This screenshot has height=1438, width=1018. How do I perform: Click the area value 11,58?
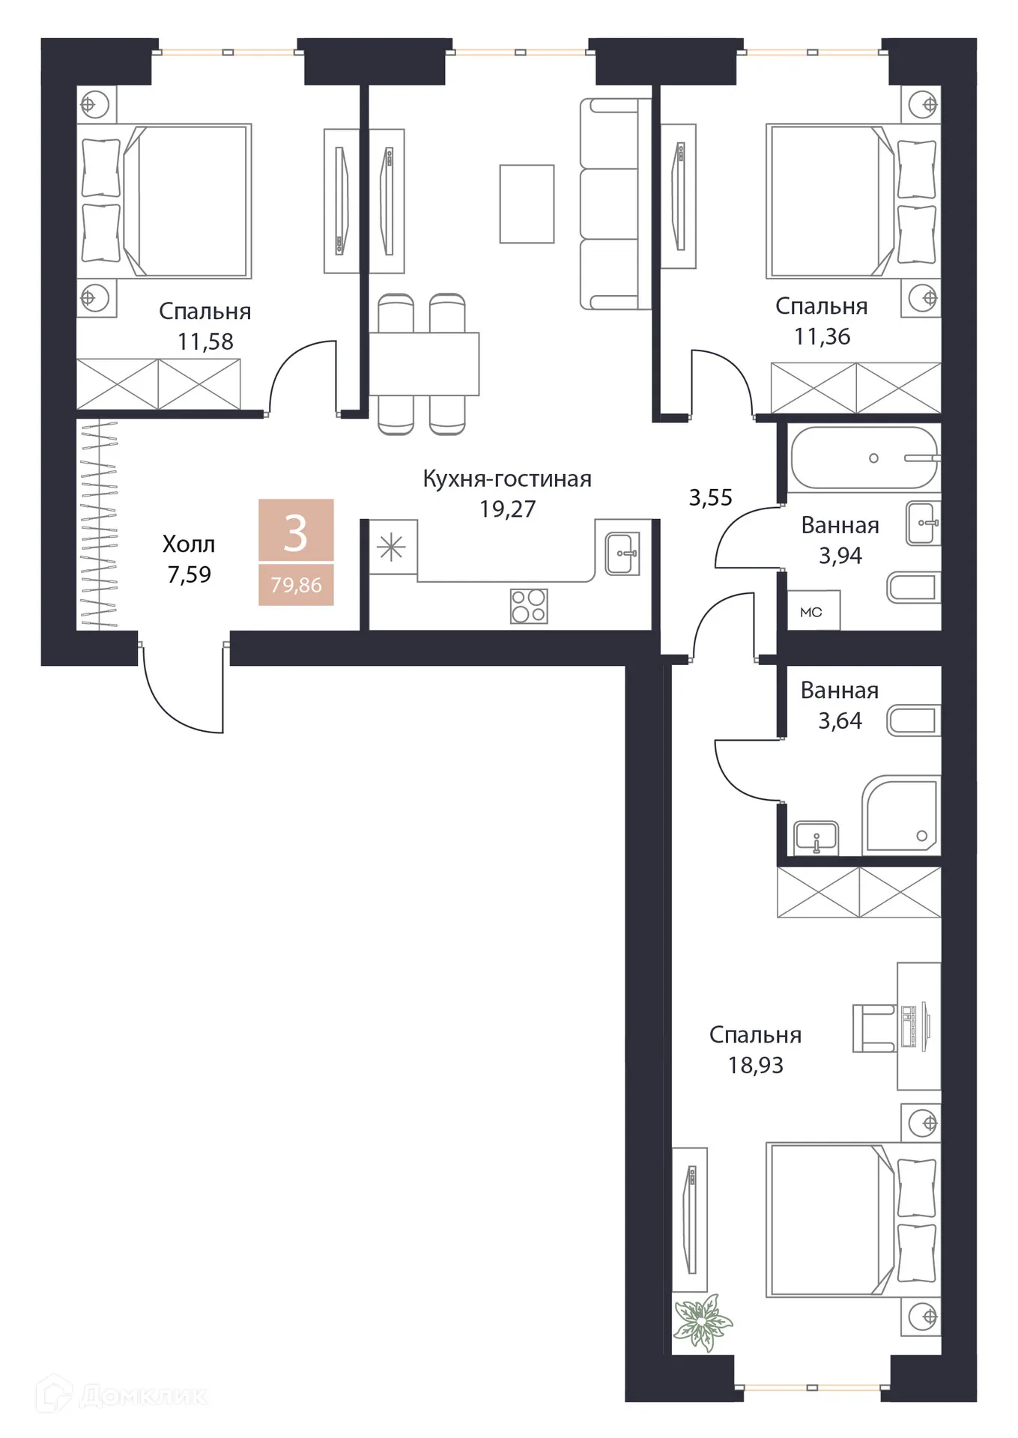coord(205,342)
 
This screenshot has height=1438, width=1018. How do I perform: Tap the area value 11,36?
coord(822,337)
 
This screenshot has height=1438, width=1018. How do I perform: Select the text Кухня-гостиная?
coord(507,479)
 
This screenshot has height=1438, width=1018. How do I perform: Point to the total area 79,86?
coord(296,585)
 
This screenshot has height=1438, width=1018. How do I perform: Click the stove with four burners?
coord(529,606)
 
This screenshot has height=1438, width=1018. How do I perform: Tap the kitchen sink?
coord(622,553)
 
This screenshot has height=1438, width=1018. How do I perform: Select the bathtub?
coord(863,458)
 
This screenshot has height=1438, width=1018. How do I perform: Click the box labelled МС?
coord(812,611)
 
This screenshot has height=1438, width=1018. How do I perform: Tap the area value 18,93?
coord(755,1065)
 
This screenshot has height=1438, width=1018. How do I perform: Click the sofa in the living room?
coord(614,204)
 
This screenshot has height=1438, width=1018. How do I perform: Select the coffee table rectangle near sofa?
coord(527,204)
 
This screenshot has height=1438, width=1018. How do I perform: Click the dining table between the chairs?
coord(424,364)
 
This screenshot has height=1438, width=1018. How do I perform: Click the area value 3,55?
coord(710,497)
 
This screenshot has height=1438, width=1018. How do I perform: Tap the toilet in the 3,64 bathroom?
coord(912,721)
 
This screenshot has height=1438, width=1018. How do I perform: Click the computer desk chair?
coord(873,1028)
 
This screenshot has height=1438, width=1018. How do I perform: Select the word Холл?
coord(189,544)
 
